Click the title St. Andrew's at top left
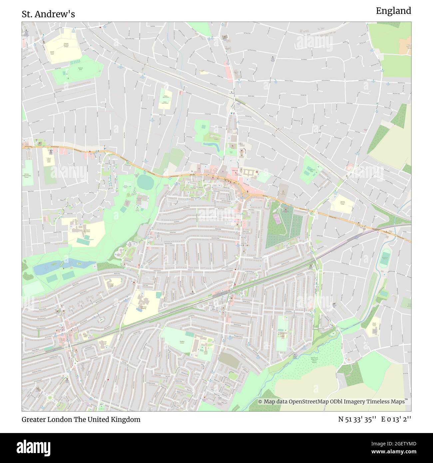click(x=48, y=14)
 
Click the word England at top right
click(x=393, y=11)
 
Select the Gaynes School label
click(x=182, y=342)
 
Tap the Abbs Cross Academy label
click(x=143, y=308)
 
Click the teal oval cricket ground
click(x=144, y=182)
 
